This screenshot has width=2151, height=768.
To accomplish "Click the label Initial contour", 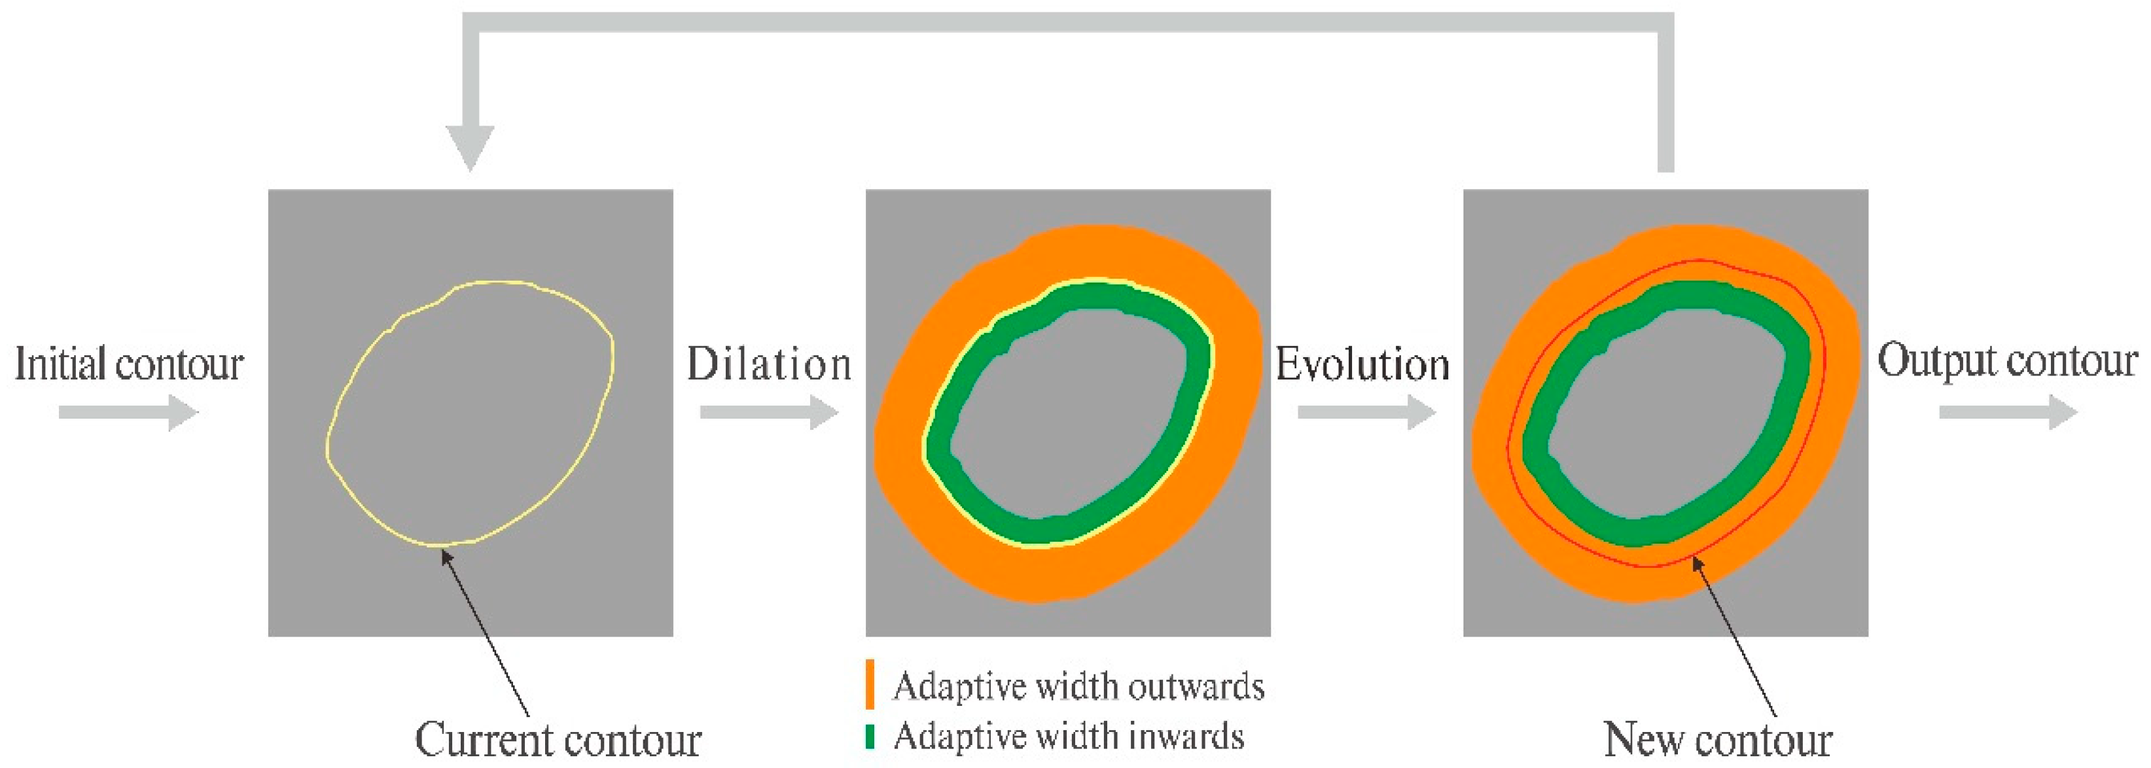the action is tap(130, 364).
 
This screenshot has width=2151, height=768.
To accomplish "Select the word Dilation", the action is tap(769, 364).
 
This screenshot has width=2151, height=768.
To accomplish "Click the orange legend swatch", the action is tap(870, 684).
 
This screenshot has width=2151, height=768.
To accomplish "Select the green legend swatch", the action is tap(870, 737).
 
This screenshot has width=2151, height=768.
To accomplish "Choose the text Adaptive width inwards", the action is tap(1069, 737).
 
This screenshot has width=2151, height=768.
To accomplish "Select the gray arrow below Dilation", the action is tap(769, 412).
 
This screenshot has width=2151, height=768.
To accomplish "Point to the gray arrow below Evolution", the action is tap(1367, 412).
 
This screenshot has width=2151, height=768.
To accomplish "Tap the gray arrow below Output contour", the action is tap(2008, 412).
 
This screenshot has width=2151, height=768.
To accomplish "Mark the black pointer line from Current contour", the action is tap(485, 632).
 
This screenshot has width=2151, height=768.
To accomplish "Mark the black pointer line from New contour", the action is tap(1734, 637).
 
